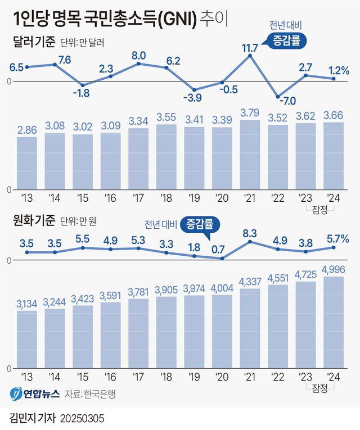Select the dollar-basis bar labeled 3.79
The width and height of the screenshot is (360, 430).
click(250, 155)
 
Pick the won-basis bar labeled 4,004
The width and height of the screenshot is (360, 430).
click(222, 331)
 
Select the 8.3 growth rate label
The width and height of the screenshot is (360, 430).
click(250, 232)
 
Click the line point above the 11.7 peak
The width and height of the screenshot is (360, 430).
click(250, 55)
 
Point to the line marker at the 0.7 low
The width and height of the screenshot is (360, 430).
click(222, 259)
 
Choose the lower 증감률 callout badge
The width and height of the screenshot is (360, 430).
click(200, 226)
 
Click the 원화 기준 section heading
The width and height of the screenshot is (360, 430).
click(33, 220)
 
